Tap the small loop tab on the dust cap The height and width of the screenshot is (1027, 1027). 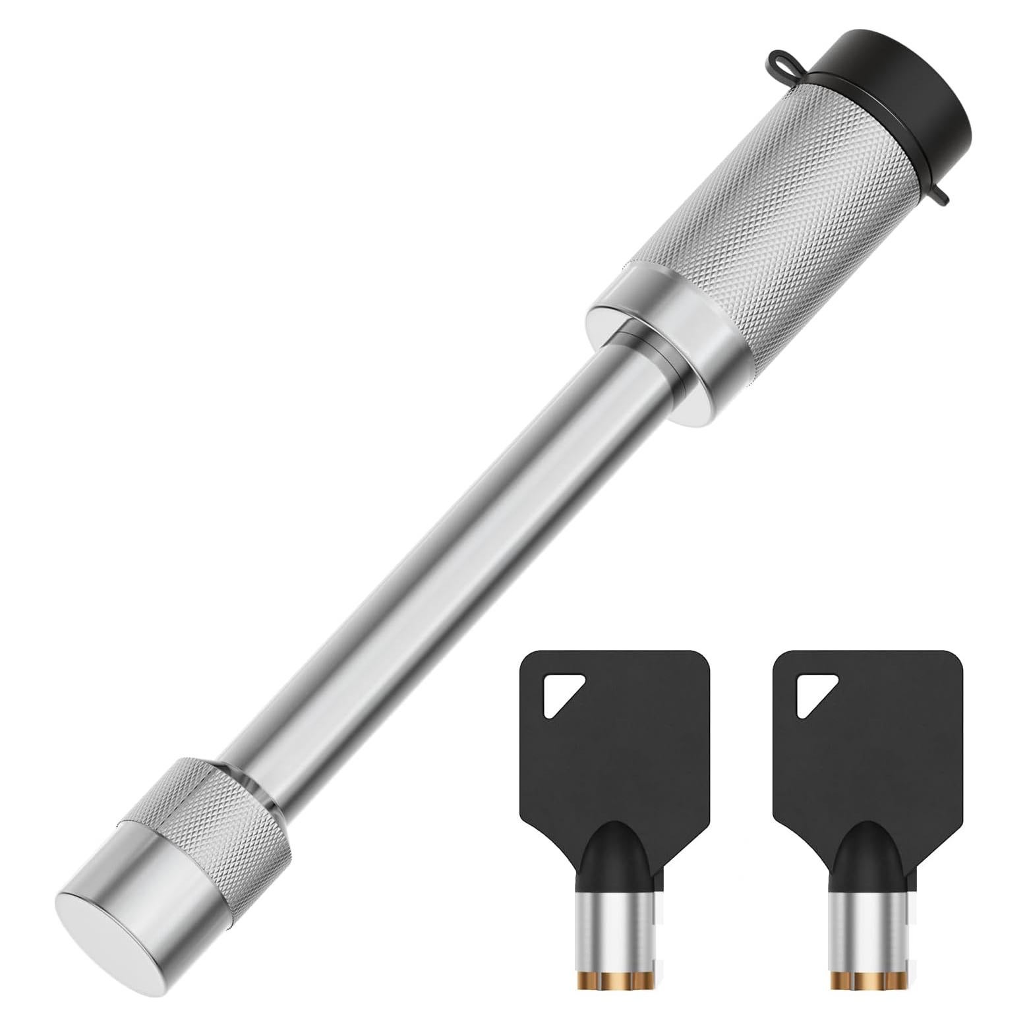pyautogui.click(x=781, y=62)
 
